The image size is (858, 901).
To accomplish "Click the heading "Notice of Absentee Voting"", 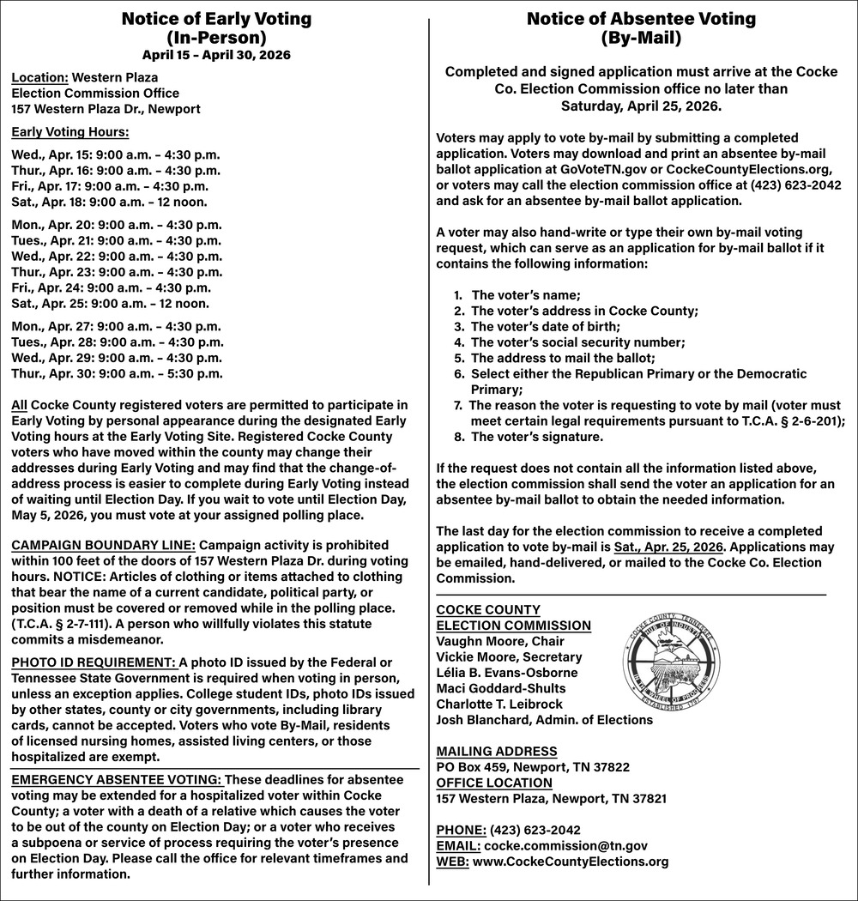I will pos(641,19).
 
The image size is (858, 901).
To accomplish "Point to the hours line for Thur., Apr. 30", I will pos(117,373).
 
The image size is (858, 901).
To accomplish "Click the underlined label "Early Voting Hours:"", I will pos(70,132).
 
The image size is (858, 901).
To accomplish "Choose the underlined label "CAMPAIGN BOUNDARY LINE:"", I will pos(103,545).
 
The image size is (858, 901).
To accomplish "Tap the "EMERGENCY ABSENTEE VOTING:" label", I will pos(117,779).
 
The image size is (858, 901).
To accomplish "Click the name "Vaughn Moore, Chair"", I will pos(500,641).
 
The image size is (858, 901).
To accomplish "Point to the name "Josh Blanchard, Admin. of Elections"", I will pos(544,720).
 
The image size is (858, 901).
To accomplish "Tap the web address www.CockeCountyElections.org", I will pos(571,862).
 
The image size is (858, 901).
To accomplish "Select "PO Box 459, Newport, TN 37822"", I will pos(533,767).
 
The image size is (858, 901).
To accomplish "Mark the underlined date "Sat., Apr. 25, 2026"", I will pos(669,547).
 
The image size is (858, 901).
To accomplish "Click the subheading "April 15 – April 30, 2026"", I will pos(216,55).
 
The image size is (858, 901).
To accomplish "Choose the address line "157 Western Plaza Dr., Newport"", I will pos(106,109).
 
